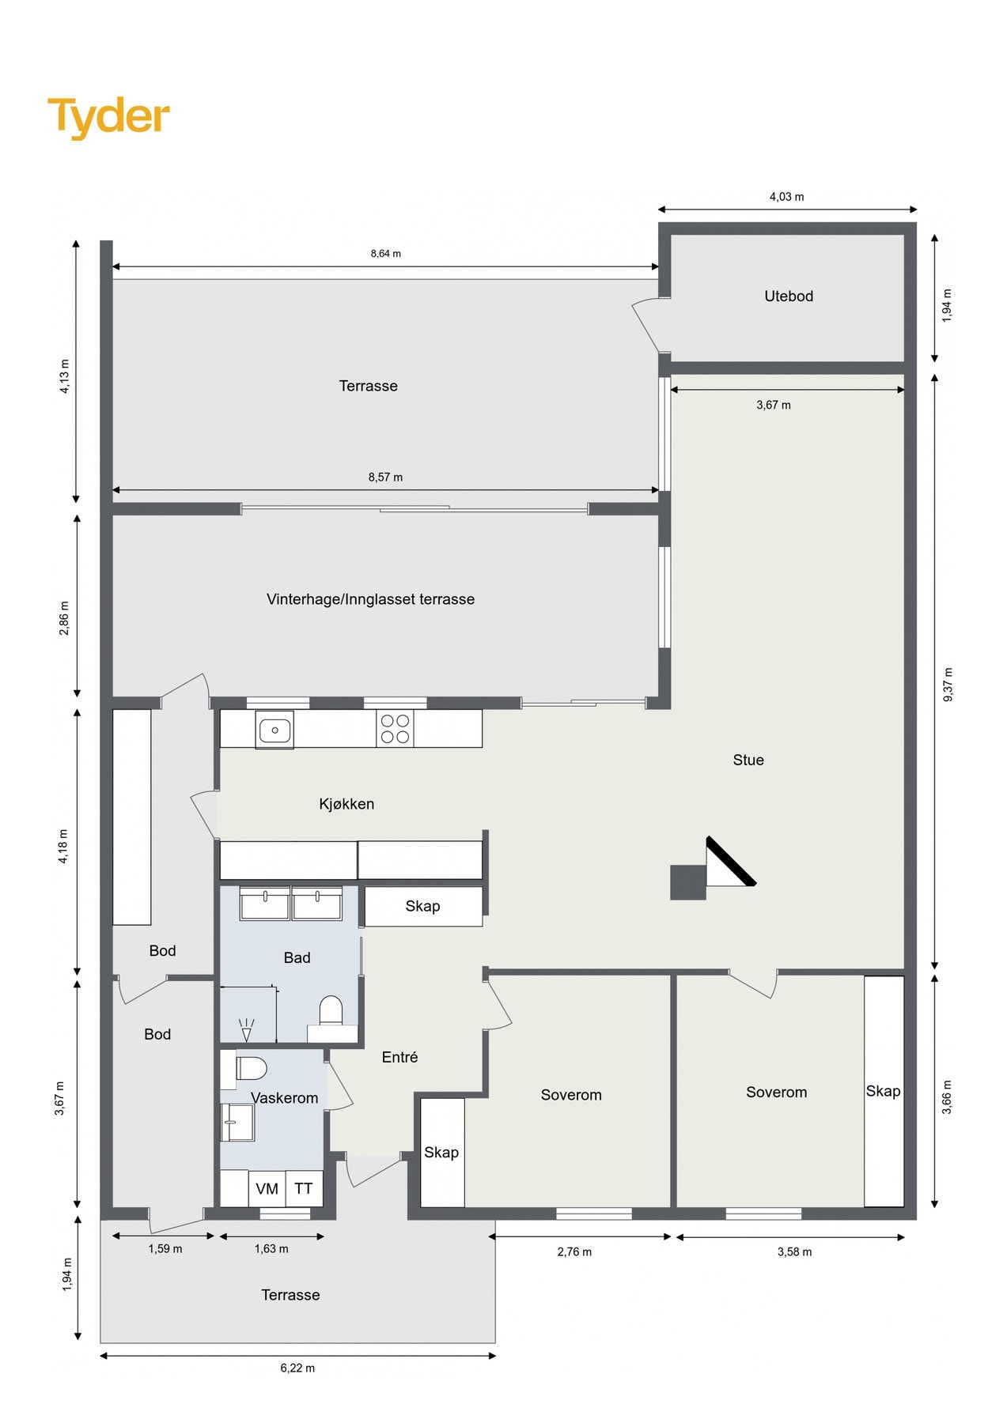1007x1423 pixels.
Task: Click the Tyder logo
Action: coord(108,116)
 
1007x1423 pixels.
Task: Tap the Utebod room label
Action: coord(788,296)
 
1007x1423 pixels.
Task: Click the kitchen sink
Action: coord(274,730)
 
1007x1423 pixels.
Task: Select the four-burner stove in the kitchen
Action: coord(396,729)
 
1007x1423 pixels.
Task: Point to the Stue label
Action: coord(748,761)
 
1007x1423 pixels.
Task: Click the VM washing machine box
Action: coord(267,1188)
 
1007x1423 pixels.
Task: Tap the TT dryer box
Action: coord(304,1188)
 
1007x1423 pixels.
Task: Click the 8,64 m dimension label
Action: coord(385,254)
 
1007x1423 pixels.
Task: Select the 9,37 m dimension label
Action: coord(948,684)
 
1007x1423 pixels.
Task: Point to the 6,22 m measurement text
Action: coord(297,1368)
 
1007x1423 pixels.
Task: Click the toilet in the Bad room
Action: coord(330,1010)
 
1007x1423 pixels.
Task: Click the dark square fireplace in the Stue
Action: coord(687,882)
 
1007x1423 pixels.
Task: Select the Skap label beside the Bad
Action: coord(422,906)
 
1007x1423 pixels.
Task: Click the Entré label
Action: coord(399,1057)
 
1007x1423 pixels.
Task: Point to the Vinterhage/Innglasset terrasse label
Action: coord(370,599)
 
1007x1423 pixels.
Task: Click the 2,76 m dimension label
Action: coord(574,1251)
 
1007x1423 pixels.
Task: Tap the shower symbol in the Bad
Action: coord(246,1029)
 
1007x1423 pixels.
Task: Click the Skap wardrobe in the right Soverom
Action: coord(883,1091)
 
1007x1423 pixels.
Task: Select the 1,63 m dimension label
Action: coord(271,1249)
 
